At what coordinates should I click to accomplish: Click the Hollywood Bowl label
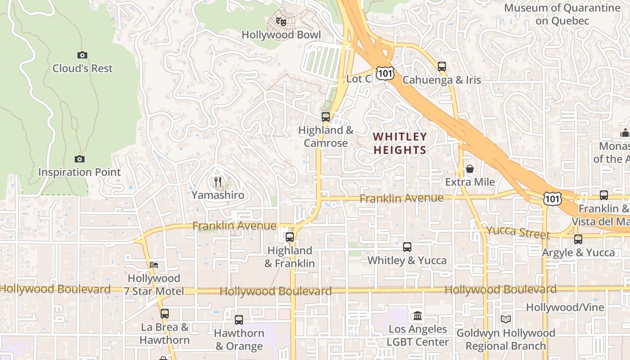[x=281, y=35]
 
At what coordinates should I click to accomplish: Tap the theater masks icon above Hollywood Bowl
[x=281, y=21]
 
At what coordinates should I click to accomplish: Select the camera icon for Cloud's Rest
[x=82, y=55]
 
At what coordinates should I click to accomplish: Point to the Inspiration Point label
[x=80, y=172]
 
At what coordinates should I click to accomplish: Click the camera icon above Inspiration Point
[x=80, y=159]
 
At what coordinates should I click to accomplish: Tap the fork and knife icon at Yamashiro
[x=218, y=181]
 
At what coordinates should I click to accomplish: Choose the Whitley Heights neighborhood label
[x=400, y=143]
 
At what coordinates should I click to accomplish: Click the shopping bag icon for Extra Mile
[x=470, y=169]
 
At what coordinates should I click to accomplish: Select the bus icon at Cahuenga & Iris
[x=441, y=67]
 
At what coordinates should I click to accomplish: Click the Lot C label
[x=359, y=79]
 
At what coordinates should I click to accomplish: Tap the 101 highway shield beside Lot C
[x=386, y=73]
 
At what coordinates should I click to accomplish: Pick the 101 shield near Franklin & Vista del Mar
[x=552, y=198]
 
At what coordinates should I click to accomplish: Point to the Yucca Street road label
[x=518, y=233]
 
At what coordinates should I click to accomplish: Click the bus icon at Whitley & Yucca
[x=407, y=247]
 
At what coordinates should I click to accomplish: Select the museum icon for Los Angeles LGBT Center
[x=417, y=316]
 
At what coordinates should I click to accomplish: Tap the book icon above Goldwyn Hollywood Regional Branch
[x=506, y=319]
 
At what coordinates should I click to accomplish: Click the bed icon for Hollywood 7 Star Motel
[x=154, y=265]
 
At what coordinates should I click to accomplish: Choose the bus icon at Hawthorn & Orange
[x=238, y=320]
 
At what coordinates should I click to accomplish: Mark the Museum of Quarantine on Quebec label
[x=562, y=14]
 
